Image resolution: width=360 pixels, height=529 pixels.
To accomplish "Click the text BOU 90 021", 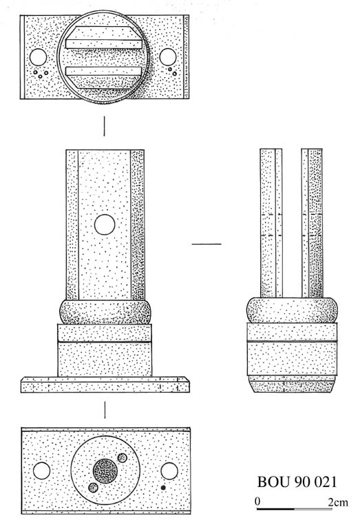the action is click(297, 482).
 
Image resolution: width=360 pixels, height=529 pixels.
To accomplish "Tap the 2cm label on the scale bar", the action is click(338, 502).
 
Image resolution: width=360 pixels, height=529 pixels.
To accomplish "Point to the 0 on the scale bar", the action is click(257, 501).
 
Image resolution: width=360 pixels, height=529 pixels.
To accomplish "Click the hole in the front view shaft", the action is click(105, 225).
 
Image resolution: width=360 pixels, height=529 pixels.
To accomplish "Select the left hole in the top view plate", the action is click(38, 57).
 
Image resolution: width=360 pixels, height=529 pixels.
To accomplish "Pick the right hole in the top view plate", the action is click(167, 56).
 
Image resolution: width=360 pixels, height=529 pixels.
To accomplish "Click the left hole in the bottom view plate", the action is click(42, 470).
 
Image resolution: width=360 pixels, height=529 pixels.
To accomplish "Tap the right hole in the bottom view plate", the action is click(169, 471).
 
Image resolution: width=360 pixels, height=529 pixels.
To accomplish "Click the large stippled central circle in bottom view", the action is click(105, 471).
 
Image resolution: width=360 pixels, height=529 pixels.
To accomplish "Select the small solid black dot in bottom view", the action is click(164, 488).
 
